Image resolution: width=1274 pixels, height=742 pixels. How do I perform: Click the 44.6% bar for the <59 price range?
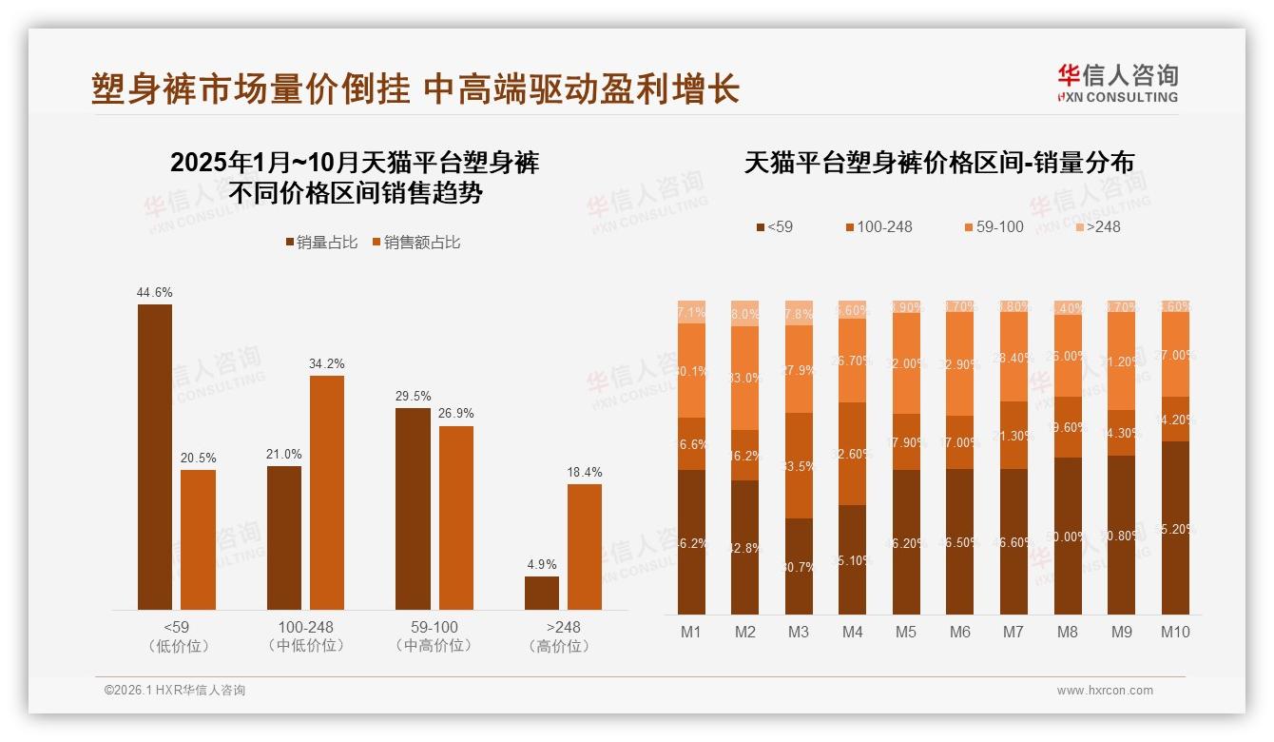(155, 457)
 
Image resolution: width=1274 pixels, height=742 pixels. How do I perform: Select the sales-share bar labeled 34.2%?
(327, 492)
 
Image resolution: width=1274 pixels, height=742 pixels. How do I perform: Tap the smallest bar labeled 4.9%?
(542, 593)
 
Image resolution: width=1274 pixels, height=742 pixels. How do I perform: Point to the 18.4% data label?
(585, 472)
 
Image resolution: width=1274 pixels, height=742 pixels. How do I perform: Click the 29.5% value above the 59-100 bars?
(413, 396)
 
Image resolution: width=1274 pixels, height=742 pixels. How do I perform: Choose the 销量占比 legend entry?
(320, 243)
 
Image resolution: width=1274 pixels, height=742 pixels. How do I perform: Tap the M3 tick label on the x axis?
(799, 632)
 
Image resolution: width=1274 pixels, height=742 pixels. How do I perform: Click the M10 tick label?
(1175, 632)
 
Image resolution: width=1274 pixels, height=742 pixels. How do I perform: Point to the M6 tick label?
(960, 632)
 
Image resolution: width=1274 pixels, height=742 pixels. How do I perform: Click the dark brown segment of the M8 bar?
(1068, 536)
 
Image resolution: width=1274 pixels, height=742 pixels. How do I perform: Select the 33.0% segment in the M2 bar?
(745, 378)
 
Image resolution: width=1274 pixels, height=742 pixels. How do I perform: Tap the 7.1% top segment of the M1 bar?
(691, 312)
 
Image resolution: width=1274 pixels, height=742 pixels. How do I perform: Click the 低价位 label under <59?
(177, 646)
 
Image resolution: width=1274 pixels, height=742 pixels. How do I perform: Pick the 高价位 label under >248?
(563, 646)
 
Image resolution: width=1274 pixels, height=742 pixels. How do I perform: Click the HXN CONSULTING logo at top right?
(1117, 84)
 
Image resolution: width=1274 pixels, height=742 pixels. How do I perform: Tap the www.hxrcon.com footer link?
(1105, 691)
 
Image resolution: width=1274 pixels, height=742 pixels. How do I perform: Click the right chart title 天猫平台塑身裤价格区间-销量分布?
(938, 163)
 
